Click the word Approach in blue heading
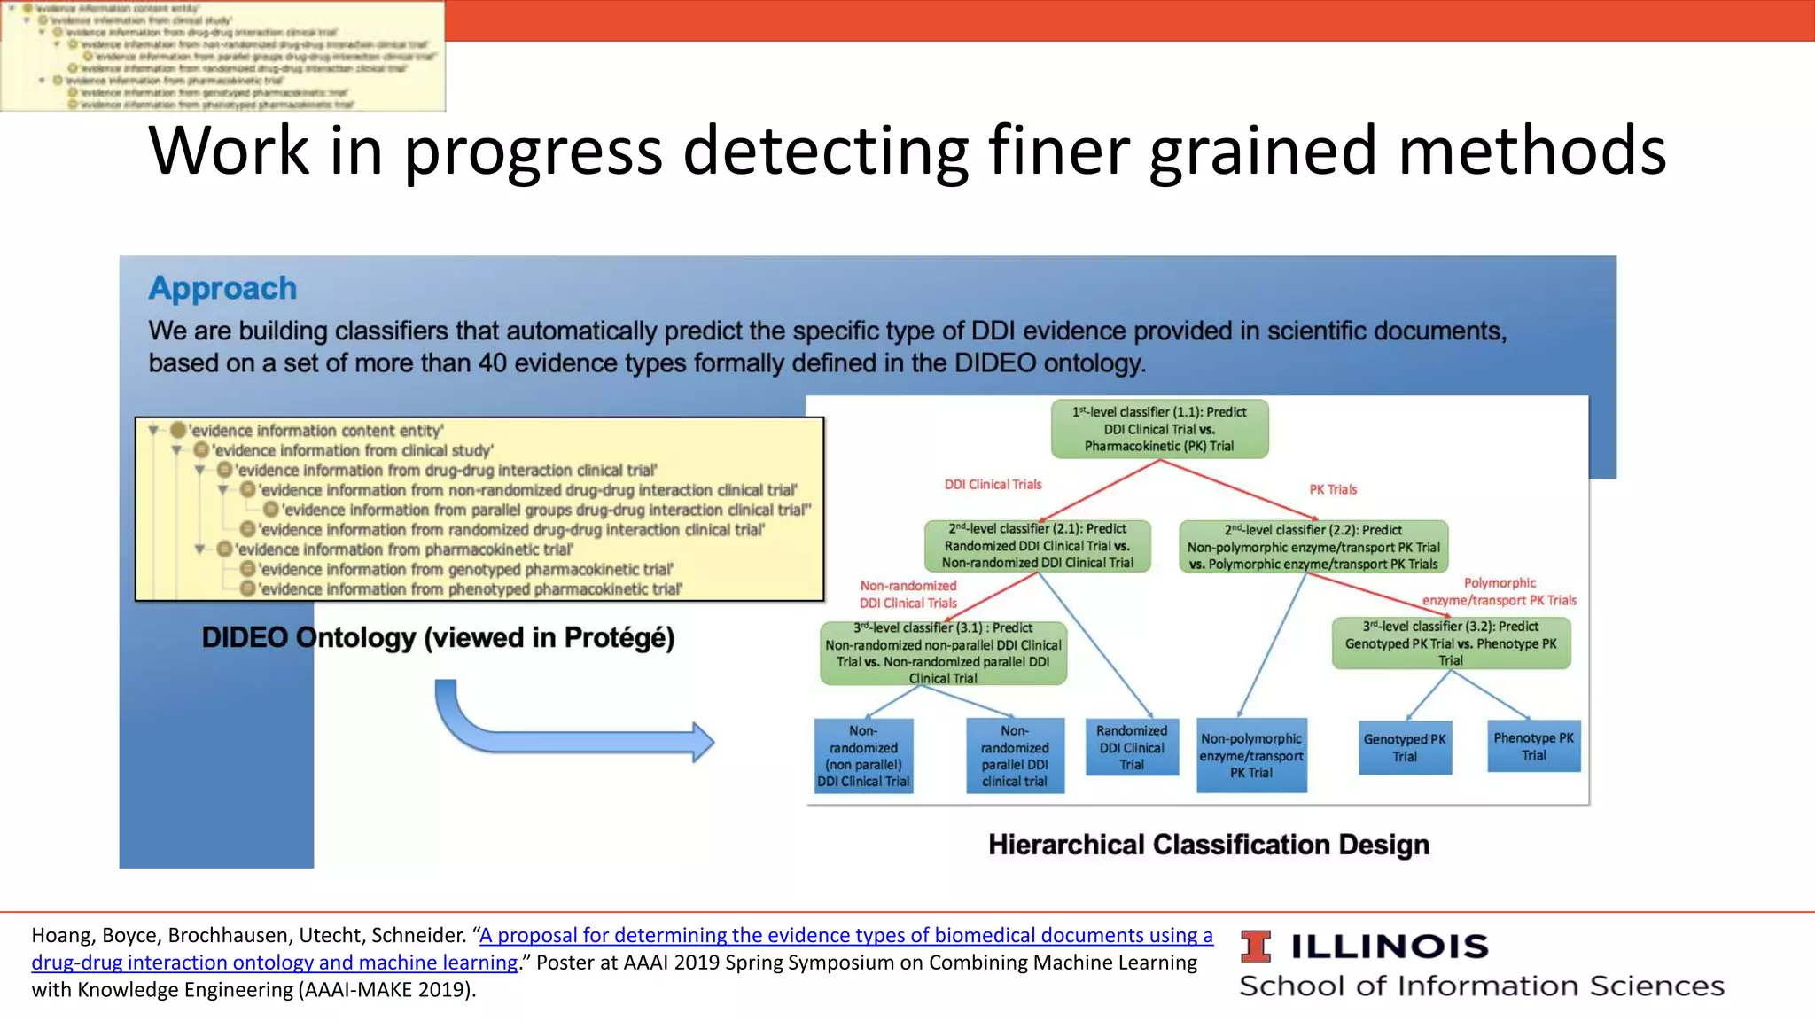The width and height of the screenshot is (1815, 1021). click(222, 288)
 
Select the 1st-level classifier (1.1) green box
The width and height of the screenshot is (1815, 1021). click(1159, 429)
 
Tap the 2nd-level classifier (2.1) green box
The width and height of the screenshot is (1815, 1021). click(1037, 546)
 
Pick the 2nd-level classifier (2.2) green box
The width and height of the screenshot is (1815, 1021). click(1313, 547)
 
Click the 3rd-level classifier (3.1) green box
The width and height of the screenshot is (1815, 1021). click(943, 653)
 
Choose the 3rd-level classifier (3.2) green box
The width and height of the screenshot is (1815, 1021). click(1451, 643)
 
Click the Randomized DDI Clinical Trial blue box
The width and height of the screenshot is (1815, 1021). click(1132, 747)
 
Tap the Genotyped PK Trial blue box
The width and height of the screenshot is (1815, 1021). click(1405, 748)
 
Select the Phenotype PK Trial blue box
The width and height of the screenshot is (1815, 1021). click(1533, 746)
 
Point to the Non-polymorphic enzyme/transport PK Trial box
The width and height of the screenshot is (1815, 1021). click(1251, 755)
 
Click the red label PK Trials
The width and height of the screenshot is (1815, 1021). click(1333, 489)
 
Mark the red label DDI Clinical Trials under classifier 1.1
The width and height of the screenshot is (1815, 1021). click(993, 485)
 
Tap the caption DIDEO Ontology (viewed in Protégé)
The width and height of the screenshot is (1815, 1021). click(438, 637)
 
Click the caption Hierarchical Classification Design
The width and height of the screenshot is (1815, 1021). click(1208, 845)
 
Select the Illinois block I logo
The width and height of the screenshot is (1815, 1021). click(1255, 947)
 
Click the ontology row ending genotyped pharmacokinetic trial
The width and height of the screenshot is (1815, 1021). click(465, 569)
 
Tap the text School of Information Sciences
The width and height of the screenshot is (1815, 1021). click(1481, 986)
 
